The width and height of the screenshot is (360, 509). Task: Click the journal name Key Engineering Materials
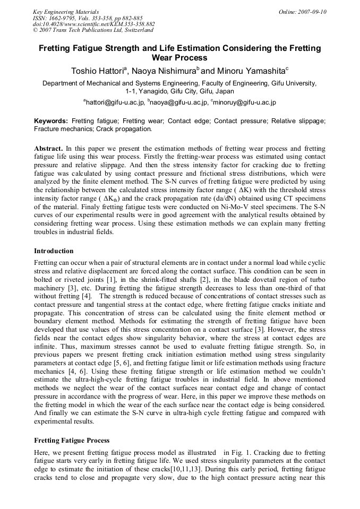[65, 12]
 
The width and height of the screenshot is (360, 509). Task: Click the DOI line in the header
[93, 24]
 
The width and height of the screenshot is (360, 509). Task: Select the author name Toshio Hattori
[98, 71]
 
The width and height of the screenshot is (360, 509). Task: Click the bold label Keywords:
[51, 121]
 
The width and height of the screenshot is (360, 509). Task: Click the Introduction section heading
[54, 251]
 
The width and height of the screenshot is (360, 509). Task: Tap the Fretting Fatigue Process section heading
[72, 441]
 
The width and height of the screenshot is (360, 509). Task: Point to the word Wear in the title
[164, 58]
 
